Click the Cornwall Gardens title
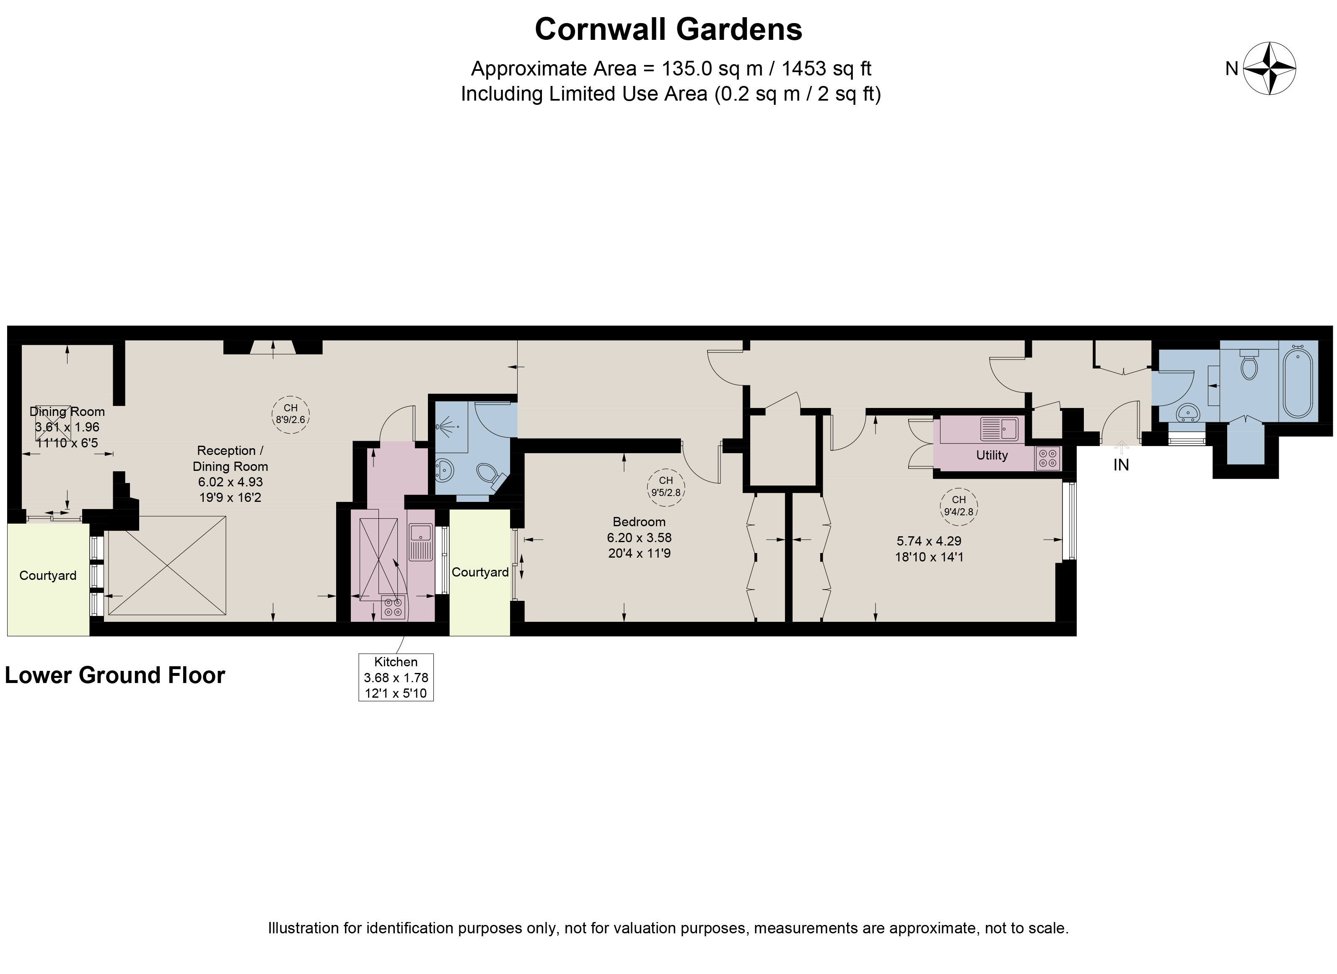(668, 29)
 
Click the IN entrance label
(1121, 465)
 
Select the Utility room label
(992, 455)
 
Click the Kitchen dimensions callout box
(396, 677)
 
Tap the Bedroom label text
(639, 522)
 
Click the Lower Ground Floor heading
(115, 675)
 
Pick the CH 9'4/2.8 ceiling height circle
(959, 506)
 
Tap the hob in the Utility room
(1047, 458)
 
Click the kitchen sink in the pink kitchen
(421, 542)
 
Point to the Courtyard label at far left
(48, 575)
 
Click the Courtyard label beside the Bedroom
(480, 572)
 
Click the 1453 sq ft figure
(827, 69)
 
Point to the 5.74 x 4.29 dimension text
(929, 540)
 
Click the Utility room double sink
(999, 429)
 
